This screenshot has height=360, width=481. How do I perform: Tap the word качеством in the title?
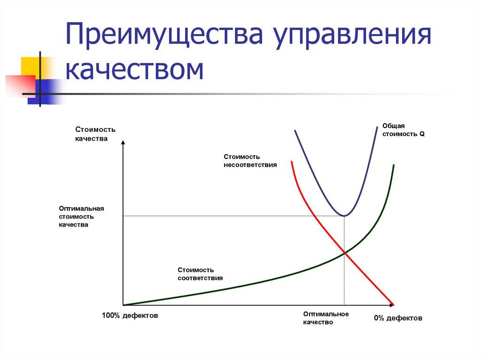(x=134, y=70)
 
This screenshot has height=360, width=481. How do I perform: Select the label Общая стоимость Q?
(x=403, y=130)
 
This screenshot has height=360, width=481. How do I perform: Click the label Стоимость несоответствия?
(x=250, y=161)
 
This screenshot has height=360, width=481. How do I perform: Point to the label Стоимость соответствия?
(x=200, y=274)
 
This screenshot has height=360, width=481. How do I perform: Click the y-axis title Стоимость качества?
(x=94, y=134)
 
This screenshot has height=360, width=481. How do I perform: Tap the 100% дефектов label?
(x=130, y=316)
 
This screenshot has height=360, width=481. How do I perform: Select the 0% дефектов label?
(x=398, y=318)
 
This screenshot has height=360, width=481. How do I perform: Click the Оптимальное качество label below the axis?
(x=326, y=318)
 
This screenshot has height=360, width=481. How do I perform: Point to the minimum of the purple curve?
(x=344, y=216)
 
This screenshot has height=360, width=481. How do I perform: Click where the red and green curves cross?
(x=345, y=253)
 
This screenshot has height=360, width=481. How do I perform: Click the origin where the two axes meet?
(x=123, y=305)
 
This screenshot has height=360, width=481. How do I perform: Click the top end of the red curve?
(x=292, y=161)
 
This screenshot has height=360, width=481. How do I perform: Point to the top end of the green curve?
(x=394, y=165)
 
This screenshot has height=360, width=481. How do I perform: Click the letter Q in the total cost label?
(x=422, y=134)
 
